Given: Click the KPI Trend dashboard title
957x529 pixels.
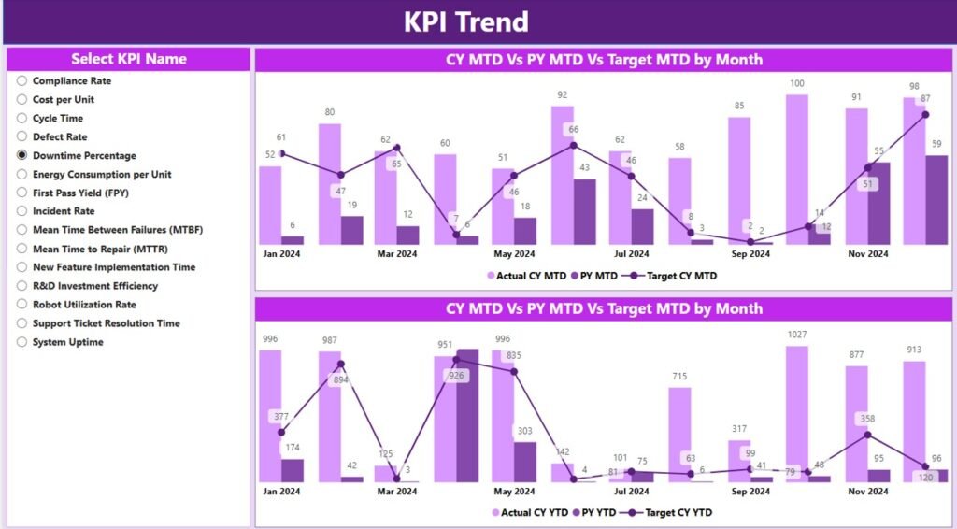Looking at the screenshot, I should coord(465,21).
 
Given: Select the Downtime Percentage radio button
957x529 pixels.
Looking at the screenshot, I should coord(22,156).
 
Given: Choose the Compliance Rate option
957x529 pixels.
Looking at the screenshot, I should coord(22,81).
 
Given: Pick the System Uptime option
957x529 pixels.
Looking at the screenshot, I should coord(22,342).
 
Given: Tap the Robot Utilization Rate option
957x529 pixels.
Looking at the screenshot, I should coord(22,305).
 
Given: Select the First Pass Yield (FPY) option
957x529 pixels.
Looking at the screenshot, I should coord(22,193).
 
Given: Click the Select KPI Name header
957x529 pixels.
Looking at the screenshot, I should coord(129,59).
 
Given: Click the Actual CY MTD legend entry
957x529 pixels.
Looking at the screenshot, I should coord(527,276).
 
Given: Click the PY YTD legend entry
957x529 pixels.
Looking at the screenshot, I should coord(593,512).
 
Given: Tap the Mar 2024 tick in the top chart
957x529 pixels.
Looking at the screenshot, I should coord(397,254).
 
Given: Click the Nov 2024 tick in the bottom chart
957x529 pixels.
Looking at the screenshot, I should coord(867,491).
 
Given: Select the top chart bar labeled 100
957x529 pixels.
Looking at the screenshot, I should coord(796,168).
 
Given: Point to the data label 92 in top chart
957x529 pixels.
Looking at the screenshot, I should coord(562,94).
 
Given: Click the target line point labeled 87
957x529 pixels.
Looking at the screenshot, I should coord(925,114).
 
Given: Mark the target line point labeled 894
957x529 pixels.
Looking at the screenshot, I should coord(341,365).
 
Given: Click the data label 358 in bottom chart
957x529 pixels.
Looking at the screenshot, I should coord(868,419).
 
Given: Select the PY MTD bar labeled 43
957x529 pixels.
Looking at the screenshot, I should coord(584,211).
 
